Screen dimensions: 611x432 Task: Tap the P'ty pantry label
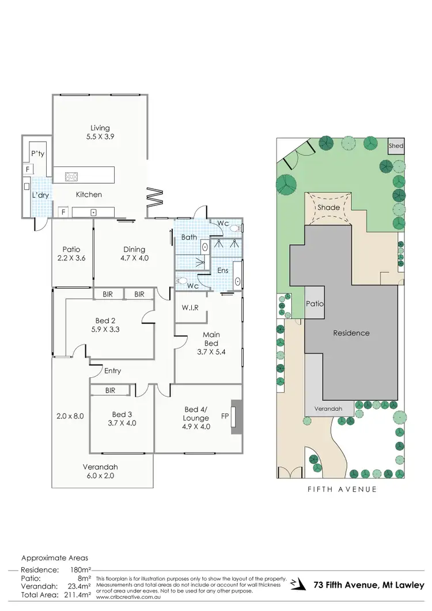pyautogui.click(x=38, y=154)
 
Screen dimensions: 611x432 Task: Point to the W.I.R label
pyautogui.click(x=190, y=308)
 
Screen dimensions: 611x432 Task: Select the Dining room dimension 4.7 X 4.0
pyautogui.click(x=134, y=258)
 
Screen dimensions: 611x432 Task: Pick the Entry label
pyautogui.click(x=113, y=371)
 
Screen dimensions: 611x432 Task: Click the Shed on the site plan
pyautogui.click(x=396, y=146)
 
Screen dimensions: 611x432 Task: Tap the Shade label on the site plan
pyautogui.click(x=329, y=207)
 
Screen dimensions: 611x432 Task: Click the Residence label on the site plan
pyautogui.click(x=351, y=333)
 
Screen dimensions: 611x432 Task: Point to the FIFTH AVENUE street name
pyautogui.click(x=342, y=489)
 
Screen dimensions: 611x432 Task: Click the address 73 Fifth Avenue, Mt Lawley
pyautogui.click(x=369, y=585)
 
